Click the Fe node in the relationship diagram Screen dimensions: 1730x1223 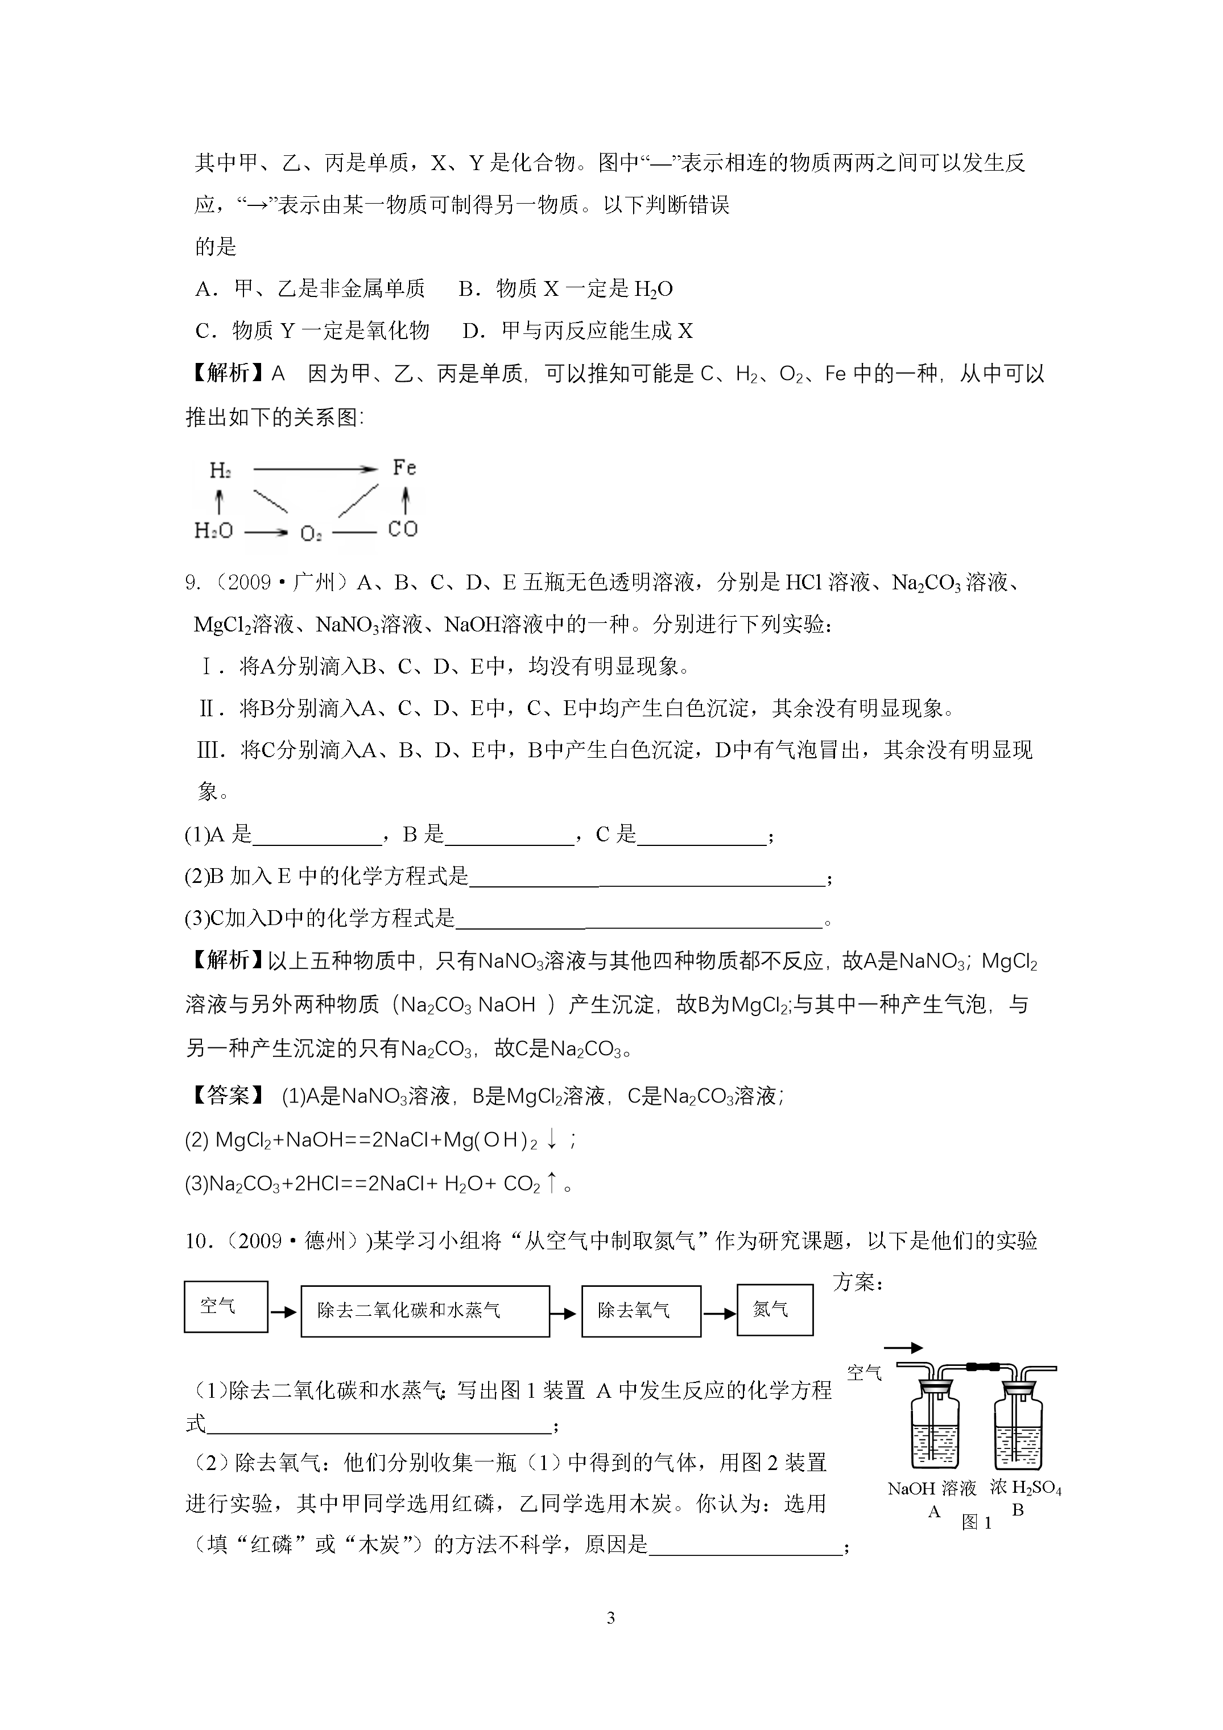(404, 468)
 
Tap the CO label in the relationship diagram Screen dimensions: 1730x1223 (402, 530)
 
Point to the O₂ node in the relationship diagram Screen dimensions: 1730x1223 (311, 534)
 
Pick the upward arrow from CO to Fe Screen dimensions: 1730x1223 (406, 499)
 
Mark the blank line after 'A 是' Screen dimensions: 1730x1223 (316, 836)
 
